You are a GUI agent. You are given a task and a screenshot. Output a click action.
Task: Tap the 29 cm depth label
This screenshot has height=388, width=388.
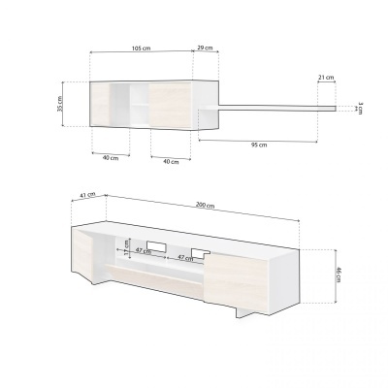[x=206, y=48]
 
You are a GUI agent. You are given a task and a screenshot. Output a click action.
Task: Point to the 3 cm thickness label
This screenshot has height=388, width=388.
[x=358, y=108]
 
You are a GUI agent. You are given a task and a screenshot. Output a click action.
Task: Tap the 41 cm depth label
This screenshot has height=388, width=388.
[x=85, y=195]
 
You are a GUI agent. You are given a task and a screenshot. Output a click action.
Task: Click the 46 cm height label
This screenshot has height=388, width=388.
[x=338, y=275]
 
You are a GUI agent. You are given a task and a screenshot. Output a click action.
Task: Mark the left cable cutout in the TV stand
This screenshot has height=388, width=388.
[x=153, y=244]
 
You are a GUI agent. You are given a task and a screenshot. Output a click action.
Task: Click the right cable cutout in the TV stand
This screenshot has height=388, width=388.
[x=202, y=254]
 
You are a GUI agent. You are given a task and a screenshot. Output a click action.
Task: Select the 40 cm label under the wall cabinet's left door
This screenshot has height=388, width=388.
[x=111, y=157]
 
